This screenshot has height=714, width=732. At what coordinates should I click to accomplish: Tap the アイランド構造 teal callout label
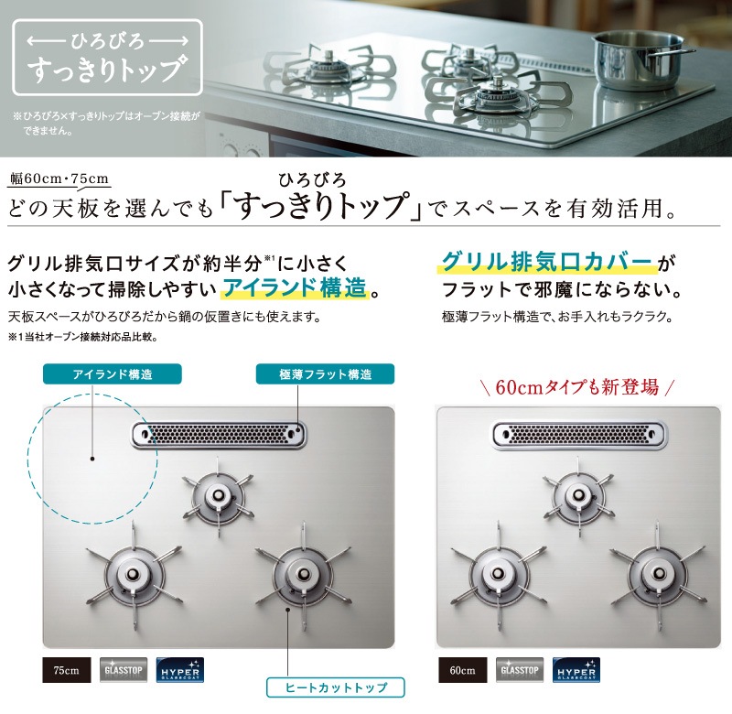pos(113,373)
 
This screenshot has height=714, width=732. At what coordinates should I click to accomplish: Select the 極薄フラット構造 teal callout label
pos(327,373)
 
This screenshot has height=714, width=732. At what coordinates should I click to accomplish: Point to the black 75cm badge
pos(66,671)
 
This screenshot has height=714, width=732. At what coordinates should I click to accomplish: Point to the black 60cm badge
pos(461,671)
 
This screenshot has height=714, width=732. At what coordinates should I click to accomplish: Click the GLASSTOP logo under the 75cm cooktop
pos(122,671)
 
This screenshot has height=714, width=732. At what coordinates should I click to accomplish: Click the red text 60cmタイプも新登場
pos(577,386)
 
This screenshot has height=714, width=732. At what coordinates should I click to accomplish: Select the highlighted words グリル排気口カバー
pos(547,262)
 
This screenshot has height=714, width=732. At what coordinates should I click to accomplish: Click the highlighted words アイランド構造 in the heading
pos(296,290)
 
